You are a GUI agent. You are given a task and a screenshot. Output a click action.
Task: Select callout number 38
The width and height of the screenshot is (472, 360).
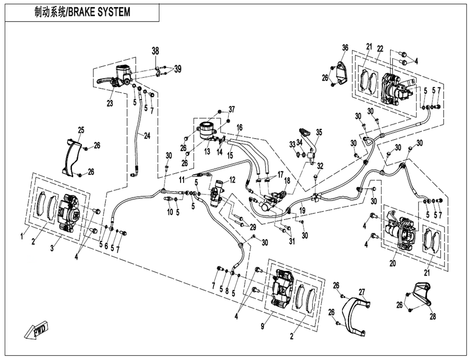pos(155,51)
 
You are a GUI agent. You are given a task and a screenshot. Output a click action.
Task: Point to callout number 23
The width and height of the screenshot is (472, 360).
pos(110,103)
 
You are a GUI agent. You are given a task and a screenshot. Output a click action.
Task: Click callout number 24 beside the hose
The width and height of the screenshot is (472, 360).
pos(147,136)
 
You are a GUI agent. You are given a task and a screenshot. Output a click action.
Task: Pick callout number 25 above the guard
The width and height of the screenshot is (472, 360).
pos(81,129)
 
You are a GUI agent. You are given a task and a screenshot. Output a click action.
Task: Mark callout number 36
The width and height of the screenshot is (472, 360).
pos(345,47)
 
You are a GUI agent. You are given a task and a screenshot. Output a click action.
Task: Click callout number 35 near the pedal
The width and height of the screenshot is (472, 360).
pos(319,132)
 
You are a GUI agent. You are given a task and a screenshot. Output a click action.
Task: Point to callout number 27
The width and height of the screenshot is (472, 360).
pos(362,292)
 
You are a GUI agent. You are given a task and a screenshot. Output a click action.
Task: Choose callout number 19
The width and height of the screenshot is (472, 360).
pos(302,210)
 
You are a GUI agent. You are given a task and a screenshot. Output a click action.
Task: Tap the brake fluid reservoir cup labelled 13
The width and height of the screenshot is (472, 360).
pos(206,130)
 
